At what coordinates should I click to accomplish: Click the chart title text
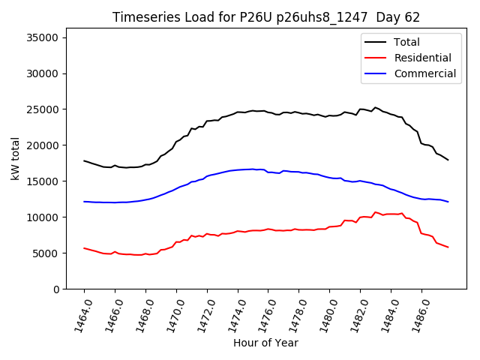tap(266, 17)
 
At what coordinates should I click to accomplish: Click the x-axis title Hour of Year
tap(266, 343)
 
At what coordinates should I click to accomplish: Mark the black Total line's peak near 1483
tap(376, 107)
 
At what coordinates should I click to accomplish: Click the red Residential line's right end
tap(448, 247)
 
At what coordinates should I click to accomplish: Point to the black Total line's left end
tap(85, 160)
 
